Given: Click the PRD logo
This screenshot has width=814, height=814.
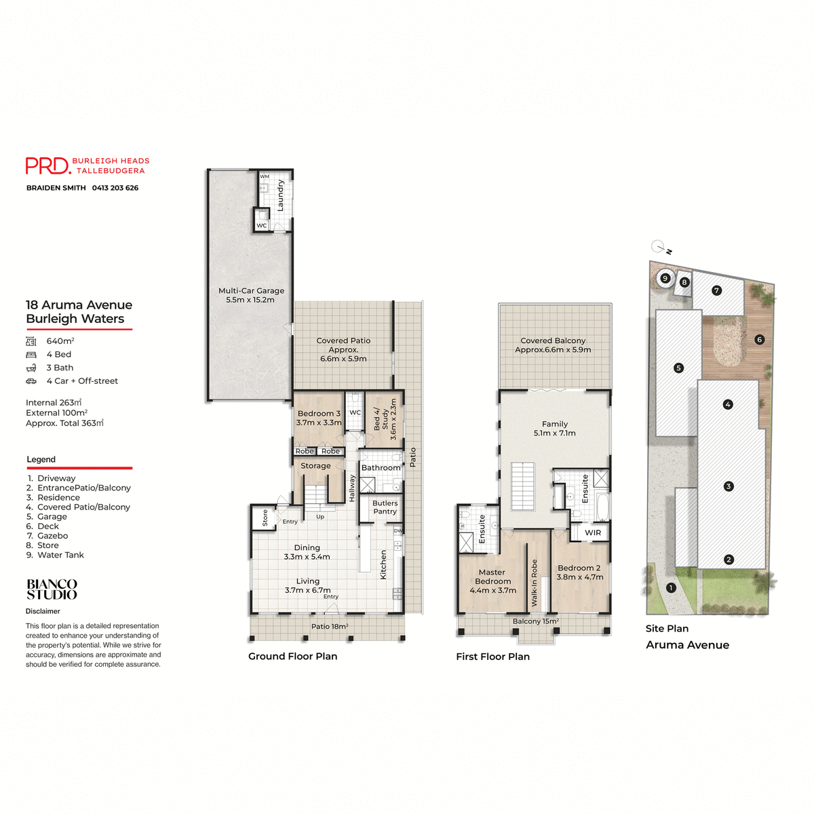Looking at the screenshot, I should click(x=48, y=166).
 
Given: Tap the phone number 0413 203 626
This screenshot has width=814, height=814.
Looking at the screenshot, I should click(x=115, y=188).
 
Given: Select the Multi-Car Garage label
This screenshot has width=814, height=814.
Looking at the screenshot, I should click(x=251, y=295).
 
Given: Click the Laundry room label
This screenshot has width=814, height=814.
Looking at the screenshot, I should click(x=281, y=195).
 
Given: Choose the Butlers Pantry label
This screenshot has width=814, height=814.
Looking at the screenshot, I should click(x=385, y=507).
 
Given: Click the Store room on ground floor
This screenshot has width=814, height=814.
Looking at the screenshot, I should click(x=265, y=518).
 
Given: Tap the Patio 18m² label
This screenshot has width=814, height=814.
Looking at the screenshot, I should click(x=330, y=626).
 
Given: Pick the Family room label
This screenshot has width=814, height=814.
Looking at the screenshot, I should click(x=555, y=429).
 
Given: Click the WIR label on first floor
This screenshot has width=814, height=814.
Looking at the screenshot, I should click(x=593, y=532).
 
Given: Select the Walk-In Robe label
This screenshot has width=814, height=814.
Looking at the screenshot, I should click(x=535, y=583).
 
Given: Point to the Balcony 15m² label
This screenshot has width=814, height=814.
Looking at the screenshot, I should click(x=535, y=621).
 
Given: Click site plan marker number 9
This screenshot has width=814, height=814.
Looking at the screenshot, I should click(x=665, y=278).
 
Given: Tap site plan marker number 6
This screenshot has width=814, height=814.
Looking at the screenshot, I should click(x=759, y=339).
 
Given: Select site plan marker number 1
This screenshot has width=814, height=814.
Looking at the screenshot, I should click(x=671, y=588).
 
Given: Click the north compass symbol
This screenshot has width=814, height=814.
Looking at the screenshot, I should click(x=659, y=247).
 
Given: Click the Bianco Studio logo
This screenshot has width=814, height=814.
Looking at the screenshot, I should click(x=52, y=589).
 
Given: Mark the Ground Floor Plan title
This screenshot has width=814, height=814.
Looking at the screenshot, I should click(x=292, y=656).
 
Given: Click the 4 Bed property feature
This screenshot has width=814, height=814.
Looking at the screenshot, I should click(x=58, y=354).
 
